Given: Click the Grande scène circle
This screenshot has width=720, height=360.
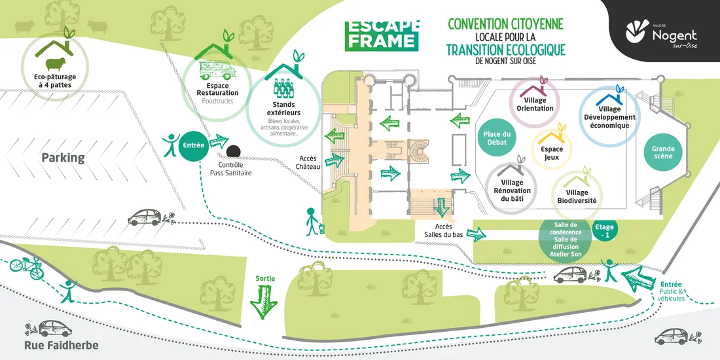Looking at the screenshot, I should pos(662,152).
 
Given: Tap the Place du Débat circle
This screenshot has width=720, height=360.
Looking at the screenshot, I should pos(496,138).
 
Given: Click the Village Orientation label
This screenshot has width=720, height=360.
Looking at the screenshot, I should pos(535,104).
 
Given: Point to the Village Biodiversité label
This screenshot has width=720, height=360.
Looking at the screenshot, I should pos(576,196).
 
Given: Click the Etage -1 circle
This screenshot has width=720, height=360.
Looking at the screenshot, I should pos(604,230).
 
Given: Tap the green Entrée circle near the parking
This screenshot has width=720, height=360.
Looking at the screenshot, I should pos(194,145).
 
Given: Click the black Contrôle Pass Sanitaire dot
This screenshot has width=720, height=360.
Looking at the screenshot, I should pos(232,151).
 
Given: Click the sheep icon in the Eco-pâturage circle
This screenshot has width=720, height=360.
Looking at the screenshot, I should pos(54,63).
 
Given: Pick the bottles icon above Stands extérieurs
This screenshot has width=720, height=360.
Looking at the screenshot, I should pos(283,88).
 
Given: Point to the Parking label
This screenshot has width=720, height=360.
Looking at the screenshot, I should pos(63,158).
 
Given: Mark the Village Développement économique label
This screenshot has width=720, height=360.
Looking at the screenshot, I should pos(609,117).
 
